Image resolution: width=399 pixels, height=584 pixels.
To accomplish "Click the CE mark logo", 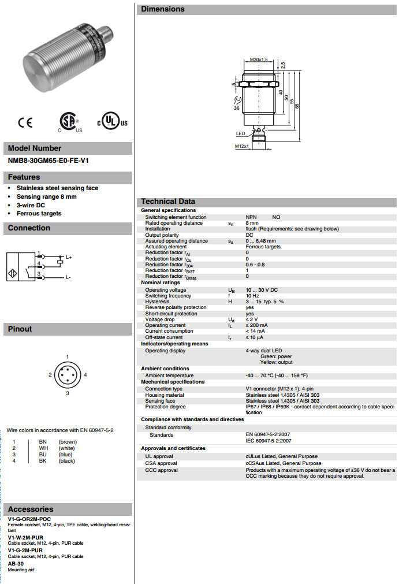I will click(25, 122).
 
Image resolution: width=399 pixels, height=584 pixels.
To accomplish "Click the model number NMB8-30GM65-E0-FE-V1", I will click(47, 161).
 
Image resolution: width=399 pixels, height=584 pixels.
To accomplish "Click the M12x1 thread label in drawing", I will click(242, 146).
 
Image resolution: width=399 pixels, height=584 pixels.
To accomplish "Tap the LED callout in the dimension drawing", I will click(241, 133).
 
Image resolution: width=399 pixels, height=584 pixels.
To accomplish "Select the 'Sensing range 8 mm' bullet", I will click(46, 196).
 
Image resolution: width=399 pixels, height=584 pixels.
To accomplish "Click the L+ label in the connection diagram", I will click(69, 256).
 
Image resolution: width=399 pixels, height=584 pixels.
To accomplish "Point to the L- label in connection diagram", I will click(68, 277).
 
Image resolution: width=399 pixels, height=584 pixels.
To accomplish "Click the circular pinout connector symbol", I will click(68, 375).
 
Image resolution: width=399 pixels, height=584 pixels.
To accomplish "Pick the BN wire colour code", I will click(43, 442).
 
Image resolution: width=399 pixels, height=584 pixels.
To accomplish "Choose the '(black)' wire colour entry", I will click(67, 461).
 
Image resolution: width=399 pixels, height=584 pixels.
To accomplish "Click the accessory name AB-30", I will click(17, 564).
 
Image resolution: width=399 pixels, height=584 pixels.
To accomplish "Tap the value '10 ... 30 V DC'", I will click(262, 290).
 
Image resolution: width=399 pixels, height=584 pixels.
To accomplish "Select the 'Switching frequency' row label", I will click(169, 296).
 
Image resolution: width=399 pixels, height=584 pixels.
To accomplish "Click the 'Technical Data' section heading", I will click(168, 202).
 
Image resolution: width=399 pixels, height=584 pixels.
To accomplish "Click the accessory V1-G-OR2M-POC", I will click(33, 519).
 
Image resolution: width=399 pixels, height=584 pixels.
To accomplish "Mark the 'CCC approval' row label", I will click(161, 470).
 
